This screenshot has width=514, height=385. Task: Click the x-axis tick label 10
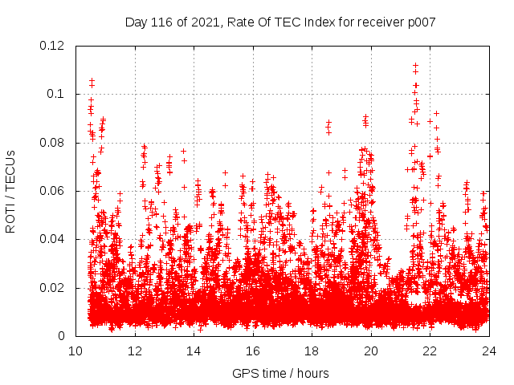pyautogui.click(x=75, y=351)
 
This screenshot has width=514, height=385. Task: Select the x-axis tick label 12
pyautogui.click(x=135, y=351)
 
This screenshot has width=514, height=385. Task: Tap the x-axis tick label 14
pyautogui.click(x=194, y=351)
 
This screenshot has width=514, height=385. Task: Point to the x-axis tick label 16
pyautogui.click(x=253, y=351)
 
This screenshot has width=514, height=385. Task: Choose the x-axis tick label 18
pyautogui.click(x=312, y=351)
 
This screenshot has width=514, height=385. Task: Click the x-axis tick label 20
pyautogui.click(x=371, y=351)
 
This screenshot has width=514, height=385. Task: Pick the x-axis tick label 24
pyautogui.click(x=488, y=351)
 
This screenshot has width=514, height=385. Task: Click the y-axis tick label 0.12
pyautogui.click(x=53, y=46)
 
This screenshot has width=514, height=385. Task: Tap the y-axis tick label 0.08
pyautogui.click(x=53, y=143)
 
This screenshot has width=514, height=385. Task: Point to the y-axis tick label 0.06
pyautogui.click(x=53, y=191)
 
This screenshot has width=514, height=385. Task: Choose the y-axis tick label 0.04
pyautogui.click(x=53, y=239)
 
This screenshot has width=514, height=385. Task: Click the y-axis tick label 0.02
pyautogui.click(x=53, y=288)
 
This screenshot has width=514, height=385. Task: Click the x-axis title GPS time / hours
pyautogui.click(x=280, y=373)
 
